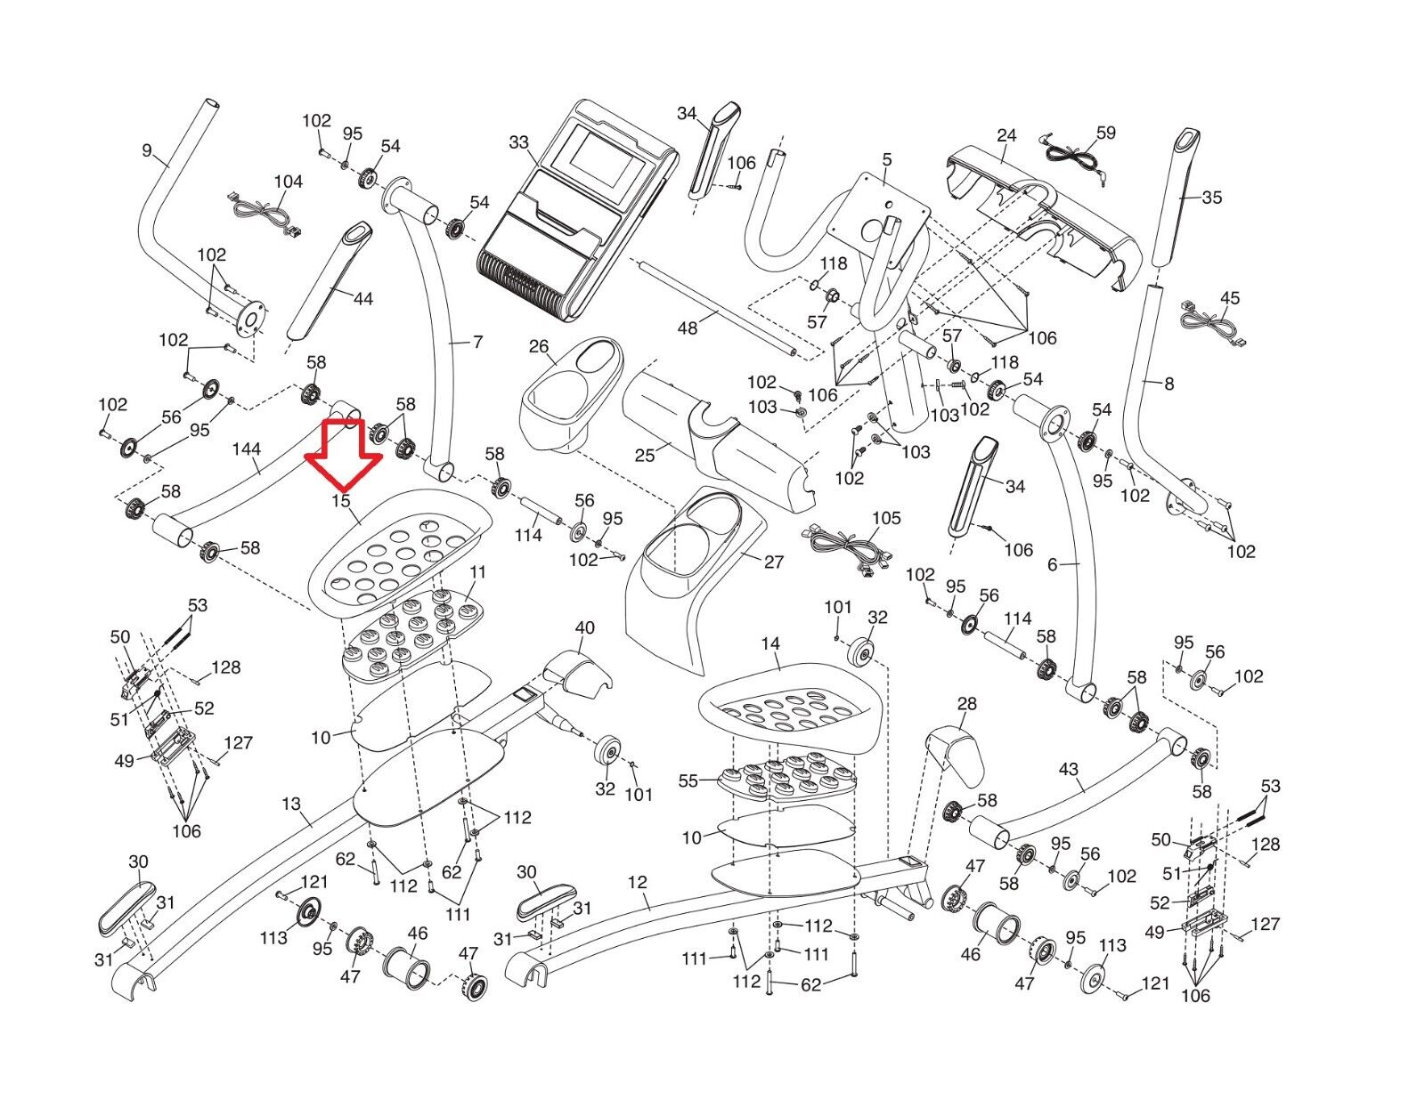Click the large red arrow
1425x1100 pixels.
point(343,453)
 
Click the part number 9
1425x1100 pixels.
point(147,150)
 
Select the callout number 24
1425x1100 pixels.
point(1006,135)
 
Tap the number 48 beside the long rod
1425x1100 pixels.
point(688,328)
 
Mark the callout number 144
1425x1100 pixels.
point(247,449)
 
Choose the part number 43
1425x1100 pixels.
point(1069,769)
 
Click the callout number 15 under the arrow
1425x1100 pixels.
point(341,501)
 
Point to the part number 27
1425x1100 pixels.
point(774,562)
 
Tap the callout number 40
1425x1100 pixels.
point(584,628)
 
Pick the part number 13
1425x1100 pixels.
point(291,805)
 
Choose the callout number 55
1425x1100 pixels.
point(688,781)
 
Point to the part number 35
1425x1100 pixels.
point(1212,198)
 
